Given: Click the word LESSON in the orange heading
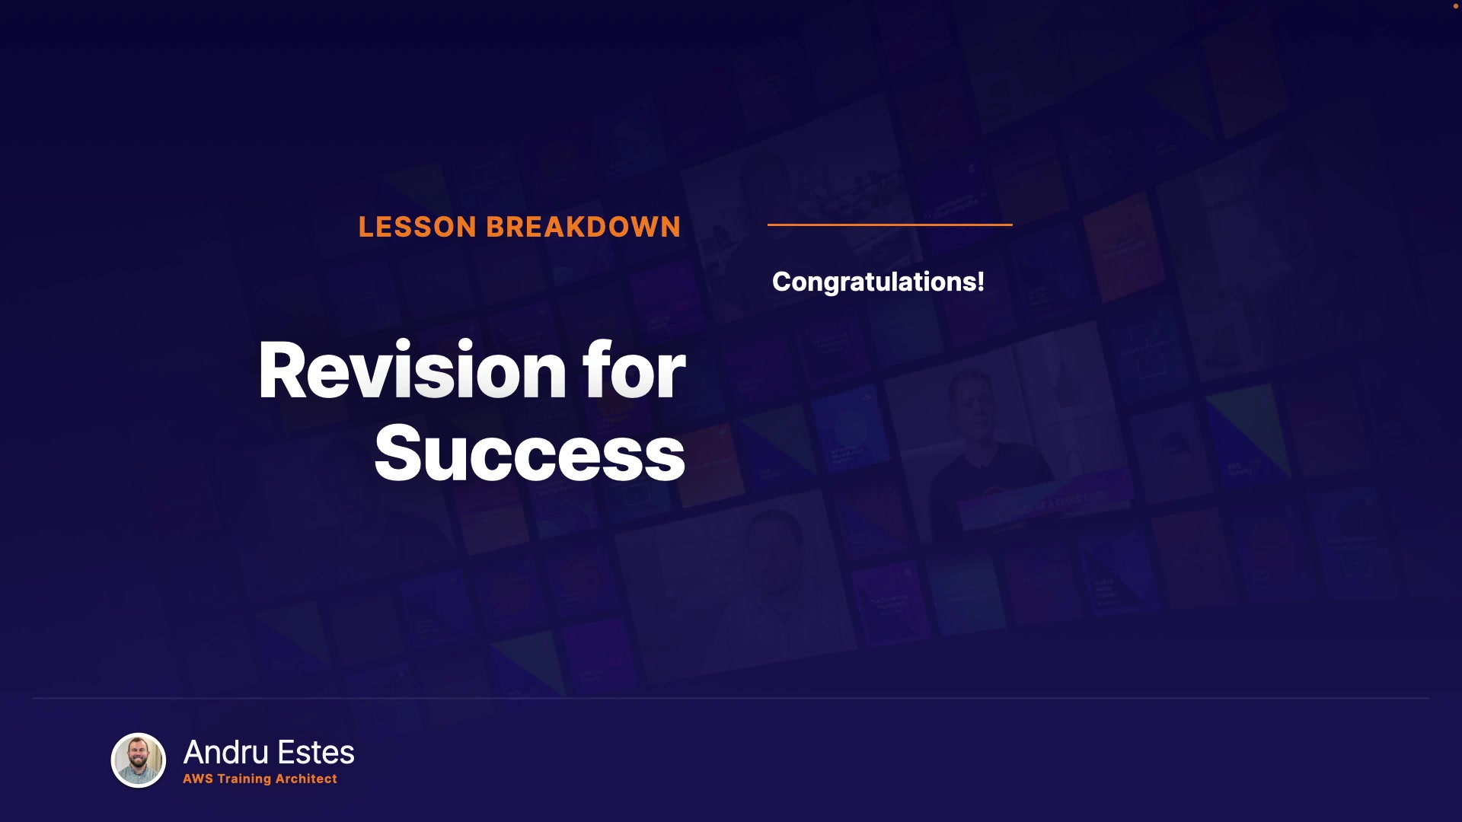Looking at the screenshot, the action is click(x=417, y=227).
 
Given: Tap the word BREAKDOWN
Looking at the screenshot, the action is click(x=583, y=227).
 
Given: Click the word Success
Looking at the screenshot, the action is click(x=530, y=454).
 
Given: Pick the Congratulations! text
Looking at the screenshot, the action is click(x=878, y=282).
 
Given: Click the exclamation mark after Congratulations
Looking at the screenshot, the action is click(x=981, y=281).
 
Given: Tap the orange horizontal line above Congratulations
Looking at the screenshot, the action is click(x=890, y=225).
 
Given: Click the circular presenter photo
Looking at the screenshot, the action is click(x=139, y=760).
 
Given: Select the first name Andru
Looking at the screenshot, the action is click(x=226, y=752).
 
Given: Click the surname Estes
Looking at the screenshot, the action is click(x=316, y=752).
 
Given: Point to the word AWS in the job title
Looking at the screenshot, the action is click(x=198, y=779).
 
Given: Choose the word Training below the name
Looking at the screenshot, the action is click(x=244, y=779).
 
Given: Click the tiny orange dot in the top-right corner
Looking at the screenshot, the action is click(x=1455, y=6).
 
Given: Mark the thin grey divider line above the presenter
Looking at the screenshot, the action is click(x=731, y=698).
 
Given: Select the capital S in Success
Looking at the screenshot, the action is click(x=397, y=454).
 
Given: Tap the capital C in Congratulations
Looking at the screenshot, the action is click(x=782, y=282).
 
